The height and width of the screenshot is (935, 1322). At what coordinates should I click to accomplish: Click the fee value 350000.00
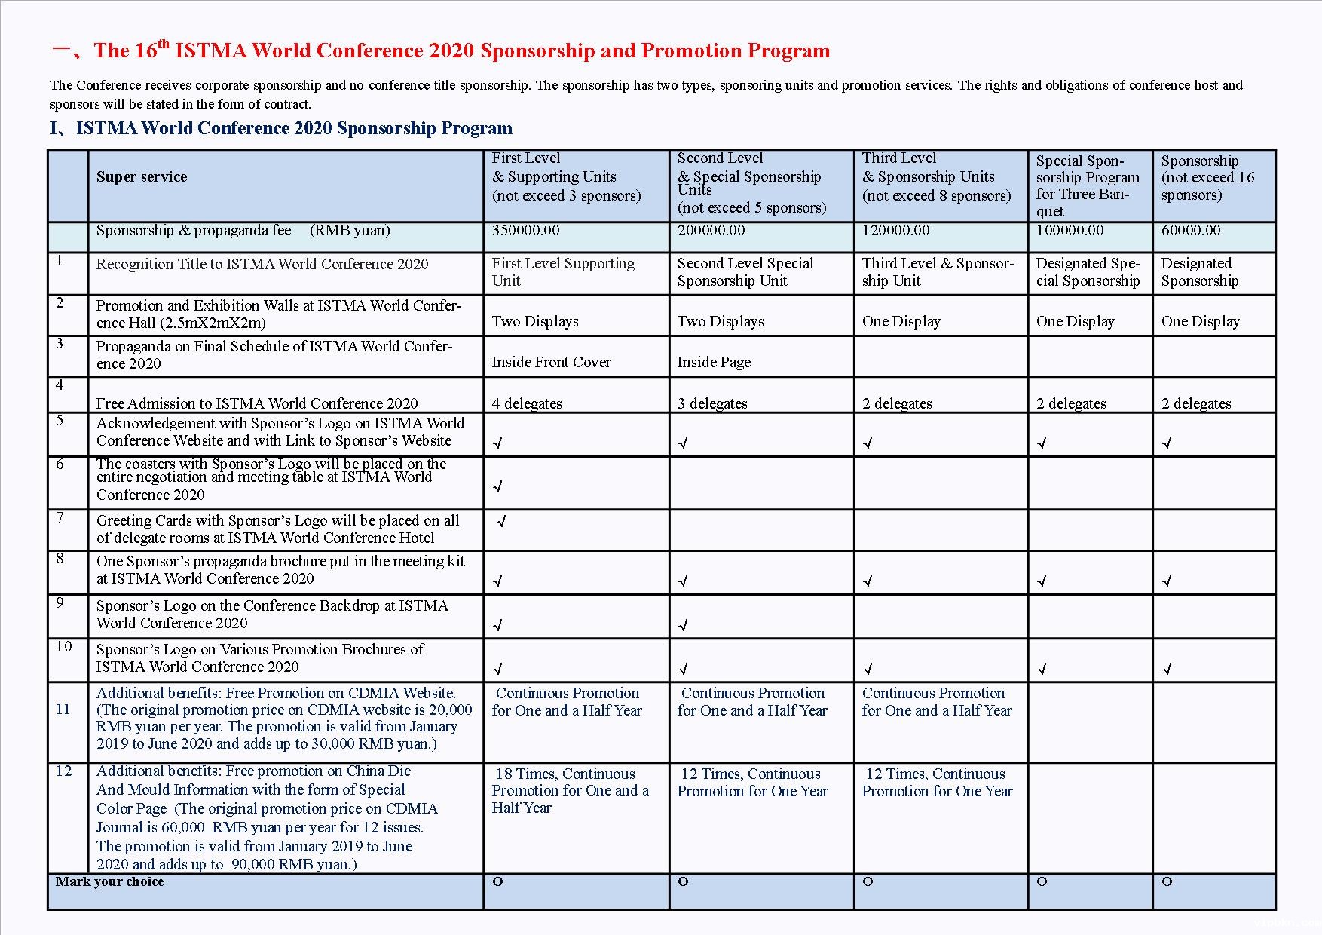525,231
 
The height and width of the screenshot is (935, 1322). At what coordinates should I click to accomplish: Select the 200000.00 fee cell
711,231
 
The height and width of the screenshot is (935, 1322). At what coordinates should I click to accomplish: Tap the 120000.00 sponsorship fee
895,231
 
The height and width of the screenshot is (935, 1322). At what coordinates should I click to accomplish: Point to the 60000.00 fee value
1190,231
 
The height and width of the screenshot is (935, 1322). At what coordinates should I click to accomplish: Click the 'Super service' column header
142,177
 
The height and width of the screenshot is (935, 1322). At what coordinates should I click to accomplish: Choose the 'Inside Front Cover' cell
551,363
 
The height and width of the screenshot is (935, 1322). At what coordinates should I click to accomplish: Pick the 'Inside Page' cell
714,363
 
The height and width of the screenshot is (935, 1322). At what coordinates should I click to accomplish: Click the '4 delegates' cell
527,404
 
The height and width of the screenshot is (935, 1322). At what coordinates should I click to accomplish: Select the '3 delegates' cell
712,404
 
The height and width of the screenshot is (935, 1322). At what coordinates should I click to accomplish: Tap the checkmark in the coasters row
497,487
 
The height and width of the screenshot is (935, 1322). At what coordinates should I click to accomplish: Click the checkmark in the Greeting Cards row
502,522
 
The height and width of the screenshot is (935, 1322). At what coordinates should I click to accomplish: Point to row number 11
63,710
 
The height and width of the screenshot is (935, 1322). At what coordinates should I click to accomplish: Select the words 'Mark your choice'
109,882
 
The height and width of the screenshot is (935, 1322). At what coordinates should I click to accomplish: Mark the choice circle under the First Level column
497,882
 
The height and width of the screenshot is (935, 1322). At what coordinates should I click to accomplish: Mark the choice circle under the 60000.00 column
1167,882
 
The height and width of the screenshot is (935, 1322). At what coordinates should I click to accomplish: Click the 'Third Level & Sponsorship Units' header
936,177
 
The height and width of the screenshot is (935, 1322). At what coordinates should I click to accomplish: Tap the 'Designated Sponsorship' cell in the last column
1199,272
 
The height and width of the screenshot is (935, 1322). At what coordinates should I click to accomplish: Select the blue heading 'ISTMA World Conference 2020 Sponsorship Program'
294,129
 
